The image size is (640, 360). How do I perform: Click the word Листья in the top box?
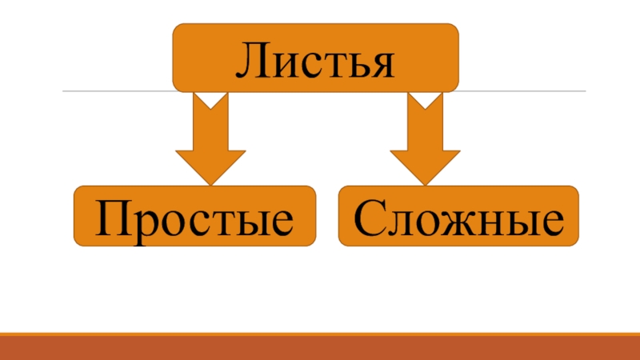click(x=315, y=58)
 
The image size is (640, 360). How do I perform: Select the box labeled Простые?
click(x=194, y=216)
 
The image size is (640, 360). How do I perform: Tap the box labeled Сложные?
click(x=458, y=216)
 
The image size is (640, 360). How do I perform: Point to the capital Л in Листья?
click(x=250, y=59)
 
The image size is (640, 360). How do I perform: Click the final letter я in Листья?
click(x=382, y=62)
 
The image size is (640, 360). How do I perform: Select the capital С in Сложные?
click(x=369, y=217)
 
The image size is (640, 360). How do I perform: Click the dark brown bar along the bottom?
click(x=320, y=347)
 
